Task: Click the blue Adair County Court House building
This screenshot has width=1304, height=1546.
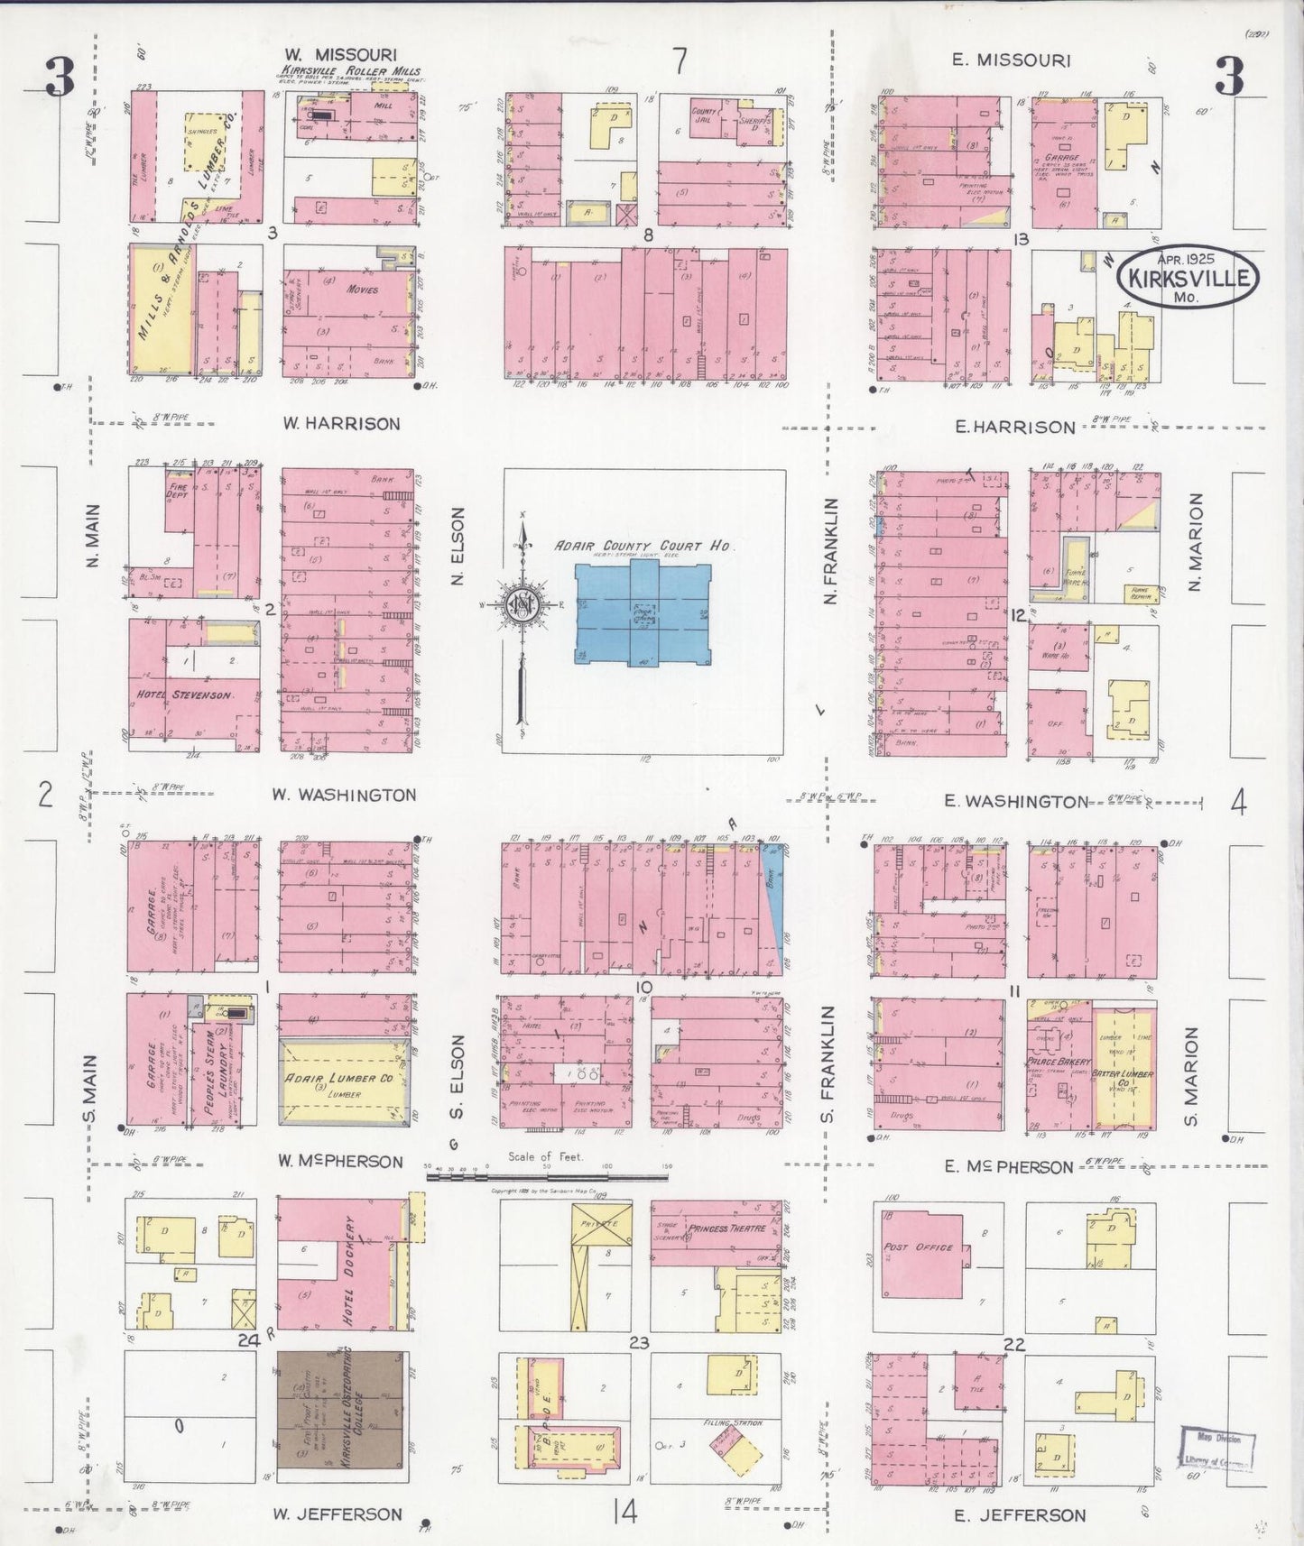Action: coord(643,613)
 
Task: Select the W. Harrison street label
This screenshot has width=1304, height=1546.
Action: coord(340,423)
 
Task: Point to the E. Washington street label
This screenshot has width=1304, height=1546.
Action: coord(1015,801)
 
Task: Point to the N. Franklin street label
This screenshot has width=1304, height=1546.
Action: coord(831,551)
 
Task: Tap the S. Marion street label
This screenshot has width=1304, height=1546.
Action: coord(1190,1075)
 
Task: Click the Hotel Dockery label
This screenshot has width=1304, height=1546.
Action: coord(349,1270)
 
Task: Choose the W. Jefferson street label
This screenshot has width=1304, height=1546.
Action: coord(338,1514)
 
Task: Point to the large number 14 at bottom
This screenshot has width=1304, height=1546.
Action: coord(624,1510)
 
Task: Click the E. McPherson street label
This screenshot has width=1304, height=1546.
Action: coord(1008,1166)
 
